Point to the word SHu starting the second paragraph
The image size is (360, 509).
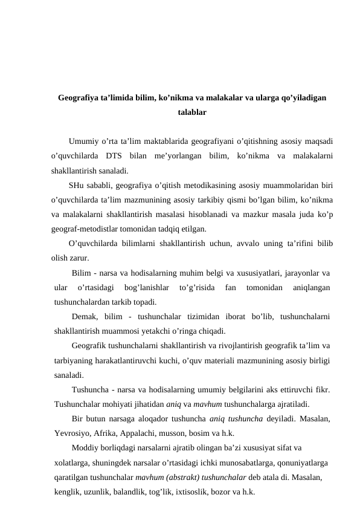(77, 186)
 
